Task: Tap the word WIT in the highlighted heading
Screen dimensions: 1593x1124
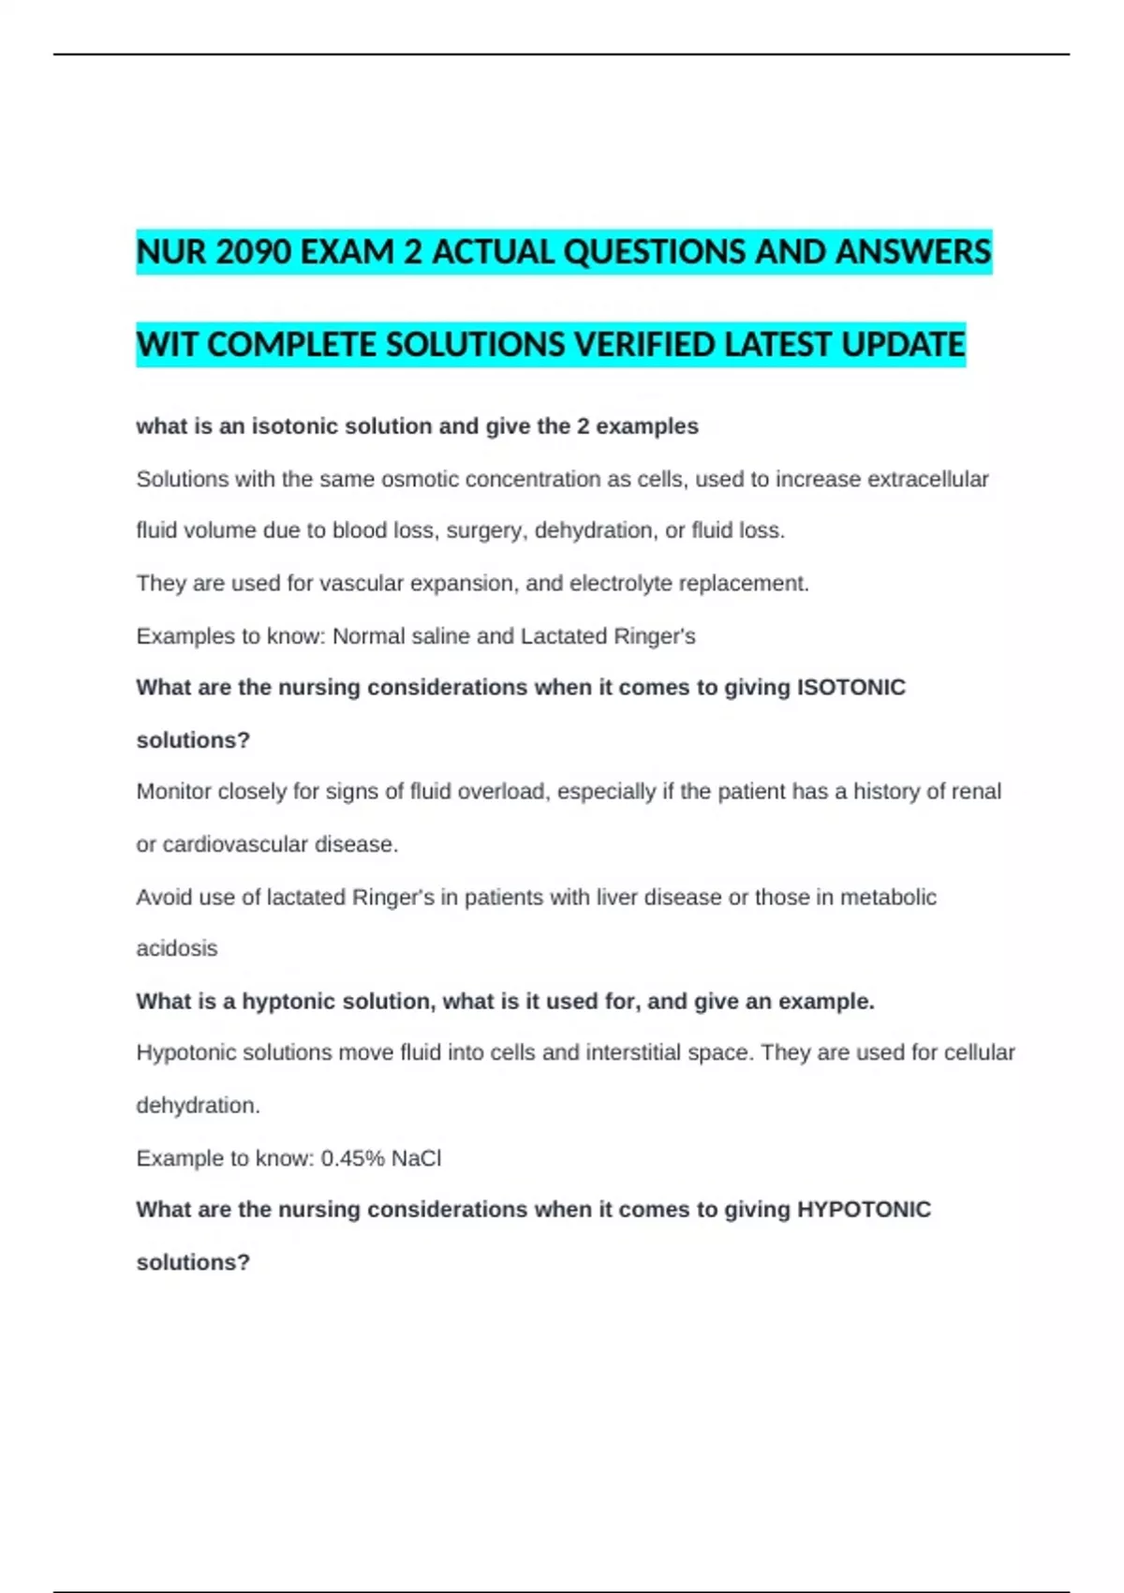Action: tap(168, 345)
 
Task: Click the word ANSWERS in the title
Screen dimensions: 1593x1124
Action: tap(913, 252)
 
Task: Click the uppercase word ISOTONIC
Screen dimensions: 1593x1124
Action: tap(850, 688)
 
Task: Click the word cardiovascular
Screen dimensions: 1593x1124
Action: tap(235, 844)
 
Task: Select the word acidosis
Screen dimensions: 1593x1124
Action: tap(177, 948)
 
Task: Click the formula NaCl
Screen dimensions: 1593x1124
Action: tap(416, 1158)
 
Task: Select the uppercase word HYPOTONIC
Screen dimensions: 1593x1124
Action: tap(864, 1210)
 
